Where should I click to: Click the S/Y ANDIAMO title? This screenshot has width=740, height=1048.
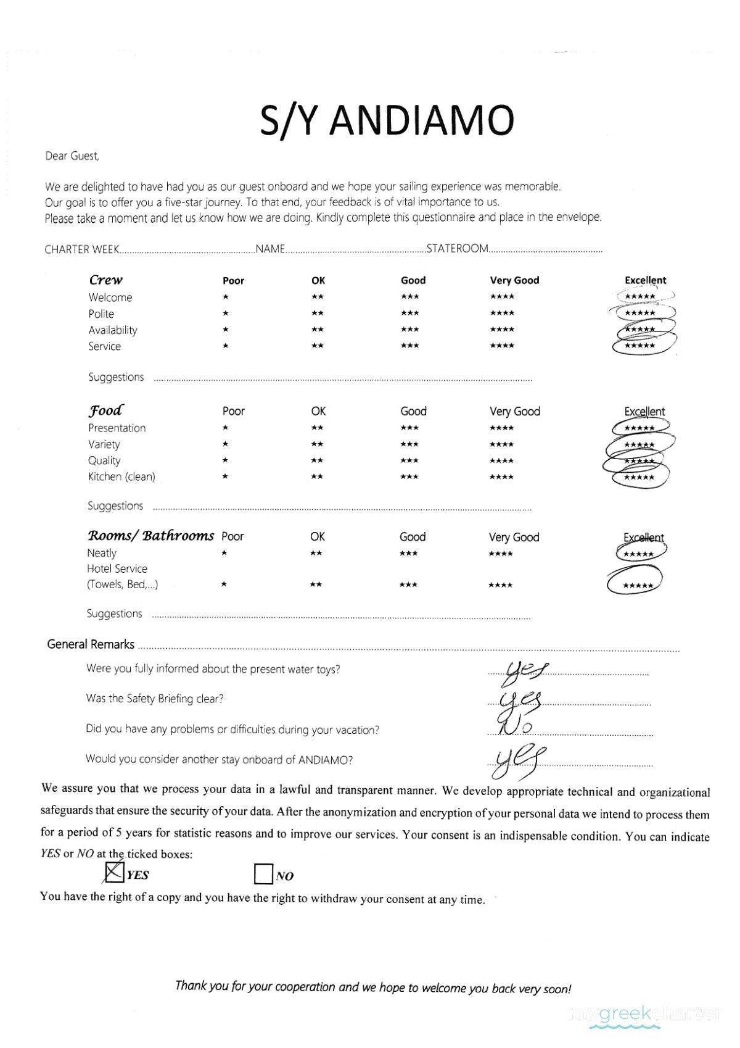tap(386, 120)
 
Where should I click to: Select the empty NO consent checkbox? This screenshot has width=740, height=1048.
tap(263, 874)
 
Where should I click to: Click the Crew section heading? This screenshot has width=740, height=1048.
tap(106, 280)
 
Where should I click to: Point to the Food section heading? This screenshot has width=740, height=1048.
tap(106, 410)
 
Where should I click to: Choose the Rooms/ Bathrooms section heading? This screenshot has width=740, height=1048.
tap(150, 536)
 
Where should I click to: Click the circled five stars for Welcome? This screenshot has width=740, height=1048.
tap(640, 297)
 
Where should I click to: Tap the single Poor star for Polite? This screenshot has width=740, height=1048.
tap(226, 314)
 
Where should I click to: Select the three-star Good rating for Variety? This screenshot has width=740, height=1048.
tap(409, 444)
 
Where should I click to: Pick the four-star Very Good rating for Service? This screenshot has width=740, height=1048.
tap(502, 346)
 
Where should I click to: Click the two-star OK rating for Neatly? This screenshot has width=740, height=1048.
tap(316, 554)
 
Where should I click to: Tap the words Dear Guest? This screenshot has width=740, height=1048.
tap(72, 156)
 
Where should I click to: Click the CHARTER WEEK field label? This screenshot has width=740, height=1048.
tap(81, 249)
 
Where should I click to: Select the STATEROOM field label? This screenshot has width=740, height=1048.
tap(458, 249)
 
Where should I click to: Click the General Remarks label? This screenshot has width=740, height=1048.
tap(91, 644)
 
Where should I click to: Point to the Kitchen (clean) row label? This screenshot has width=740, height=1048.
tap(121, 476)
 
